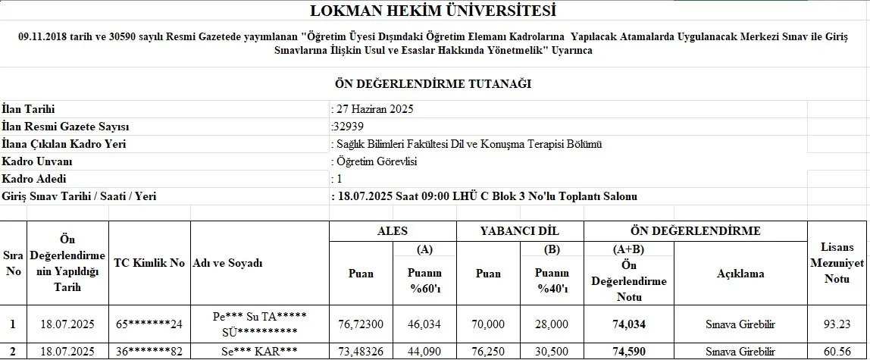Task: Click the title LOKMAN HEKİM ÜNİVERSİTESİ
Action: point(433,11)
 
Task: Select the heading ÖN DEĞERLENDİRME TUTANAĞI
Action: point(433,83)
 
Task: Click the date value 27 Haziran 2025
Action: point(373,109)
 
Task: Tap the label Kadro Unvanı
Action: point(37,161)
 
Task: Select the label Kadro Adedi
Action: point(35,179)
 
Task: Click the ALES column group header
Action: point(393,231)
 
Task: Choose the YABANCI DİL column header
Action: point(520,231)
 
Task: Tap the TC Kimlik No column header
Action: point(149,263)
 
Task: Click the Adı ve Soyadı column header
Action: point(228,263)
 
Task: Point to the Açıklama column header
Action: point(740,274)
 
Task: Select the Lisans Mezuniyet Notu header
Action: point(837,263)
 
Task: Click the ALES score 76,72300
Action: point(361,324)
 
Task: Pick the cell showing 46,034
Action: point(425,324)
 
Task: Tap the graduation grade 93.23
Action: point(837,324)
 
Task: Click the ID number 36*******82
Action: point(149,352)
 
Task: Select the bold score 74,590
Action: point(628,352)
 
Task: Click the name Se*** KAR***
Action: point(259,352)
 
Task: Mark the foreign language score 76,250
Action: point(488,352)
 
